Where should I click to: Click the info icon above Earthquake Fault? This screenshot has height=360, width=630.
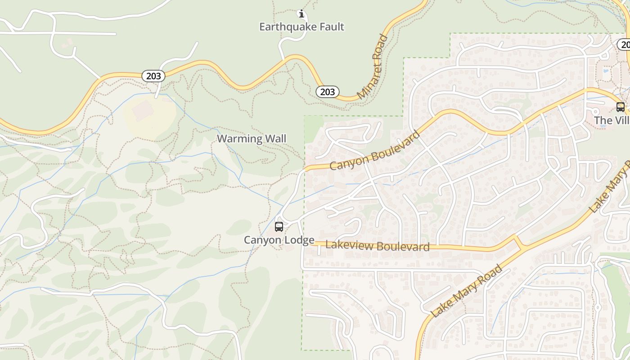click(x=301, y=14)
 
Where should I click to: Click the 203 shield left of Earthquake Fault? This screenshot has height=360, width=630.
click(x=153, y=76)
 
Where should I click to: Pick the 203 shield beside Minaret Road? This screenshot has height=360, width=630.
click(x=327, y=92)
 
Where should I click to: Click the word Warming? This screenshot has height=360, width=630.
click(x=237, y=139)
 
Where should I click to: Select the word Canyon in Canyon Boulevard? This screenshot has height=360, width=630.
click(x=346, y=162)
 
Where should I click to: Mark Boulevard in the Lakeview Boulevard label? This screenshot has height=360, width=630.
click(x=403, y=247)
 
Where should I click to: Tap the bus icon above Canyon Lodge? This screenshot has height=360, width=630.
click(x=279, y=226)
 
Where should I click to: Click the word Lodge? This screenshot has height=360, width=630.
click(x=298, y=240)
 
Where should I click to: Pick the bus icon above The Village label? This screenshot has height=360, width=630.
click(x=620, y=107)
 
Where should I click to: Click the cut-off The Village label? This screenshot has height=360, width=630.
click(x=612, y=121)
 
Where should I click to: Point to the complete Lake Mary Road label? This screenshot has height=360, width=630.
click(x=467, y=291)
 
